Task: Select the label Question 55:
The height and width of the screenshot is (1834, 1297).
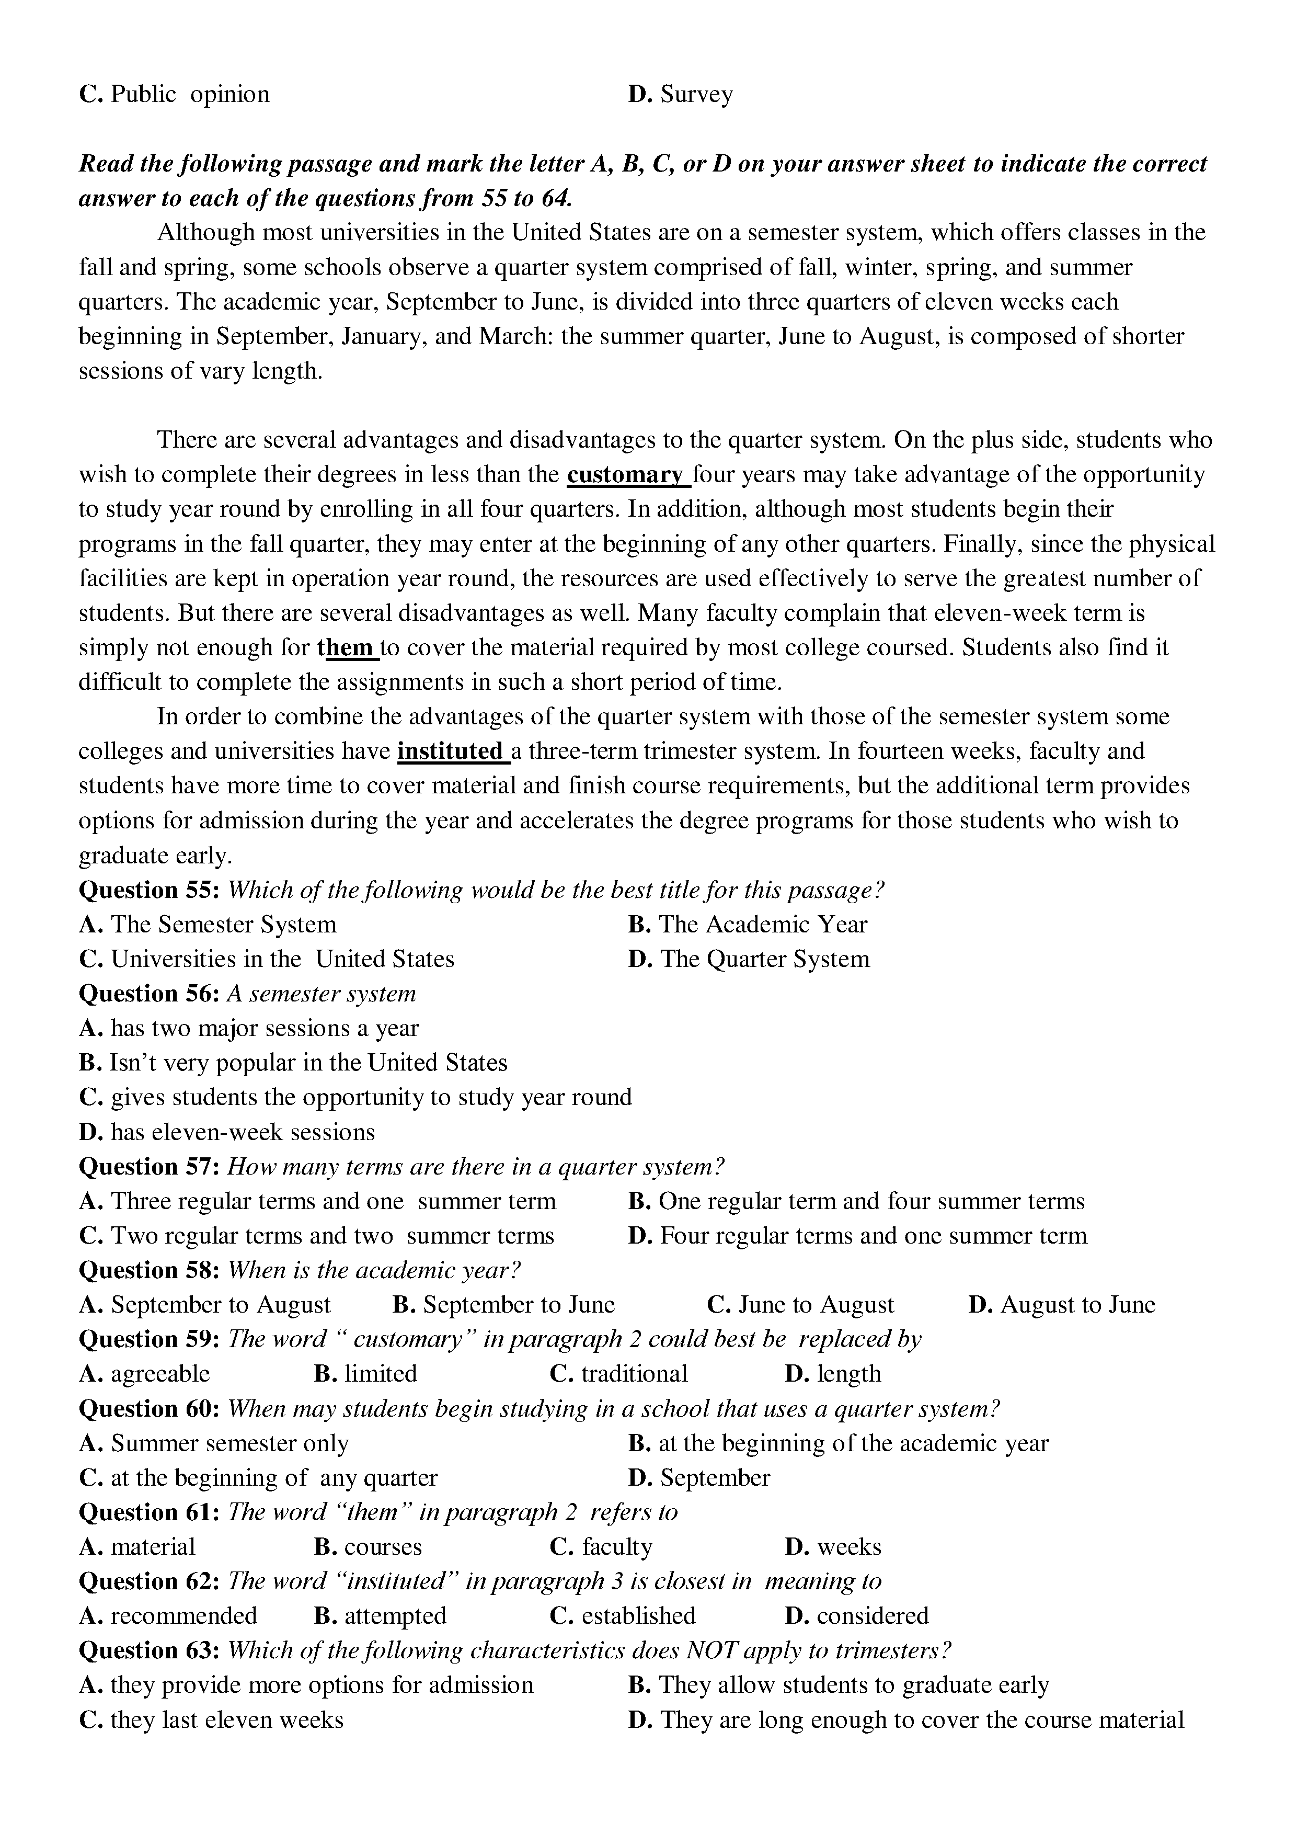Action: coord(148,890)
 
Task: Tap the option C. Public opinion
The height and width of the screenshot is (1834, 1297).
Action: coord(174,94)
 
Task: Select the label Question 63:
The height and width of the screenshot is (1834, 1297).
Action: coord(148,1650)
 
